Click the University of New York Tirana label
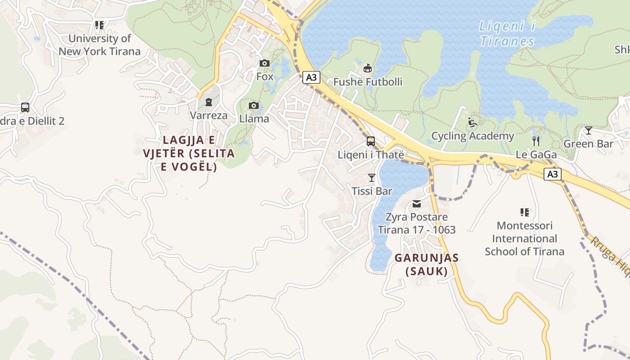pos(99,45)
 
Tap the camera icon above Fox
pos(265,63)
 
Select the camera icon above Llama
pos(254,106)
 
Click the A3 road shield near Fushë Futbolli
pos(311,77)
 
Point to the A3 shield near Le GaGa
pos(553,174)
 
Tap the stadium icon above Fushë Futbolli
pos(368,68)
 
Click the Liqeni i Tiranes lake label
pos(507,34)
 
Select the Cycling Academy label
pos(472,136)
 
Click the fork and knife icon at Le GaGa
pos(535,141)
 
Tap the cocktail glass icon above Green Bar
pos(588,131)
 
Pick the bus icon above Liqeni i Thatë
pos(371,141)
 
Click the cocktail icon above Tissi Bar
pos(372,178)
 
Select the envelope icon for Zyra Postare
pos(417,204)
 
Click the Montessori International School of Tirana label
pos(524,238)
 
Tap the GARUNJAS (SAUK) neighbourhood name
pos(427,265)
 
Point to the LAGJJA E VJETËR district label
pos(189,153)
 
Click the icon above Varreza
pos(209,102)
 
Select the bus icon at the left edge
pos(25,108)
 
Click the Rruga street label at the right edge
pos(610,254)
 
